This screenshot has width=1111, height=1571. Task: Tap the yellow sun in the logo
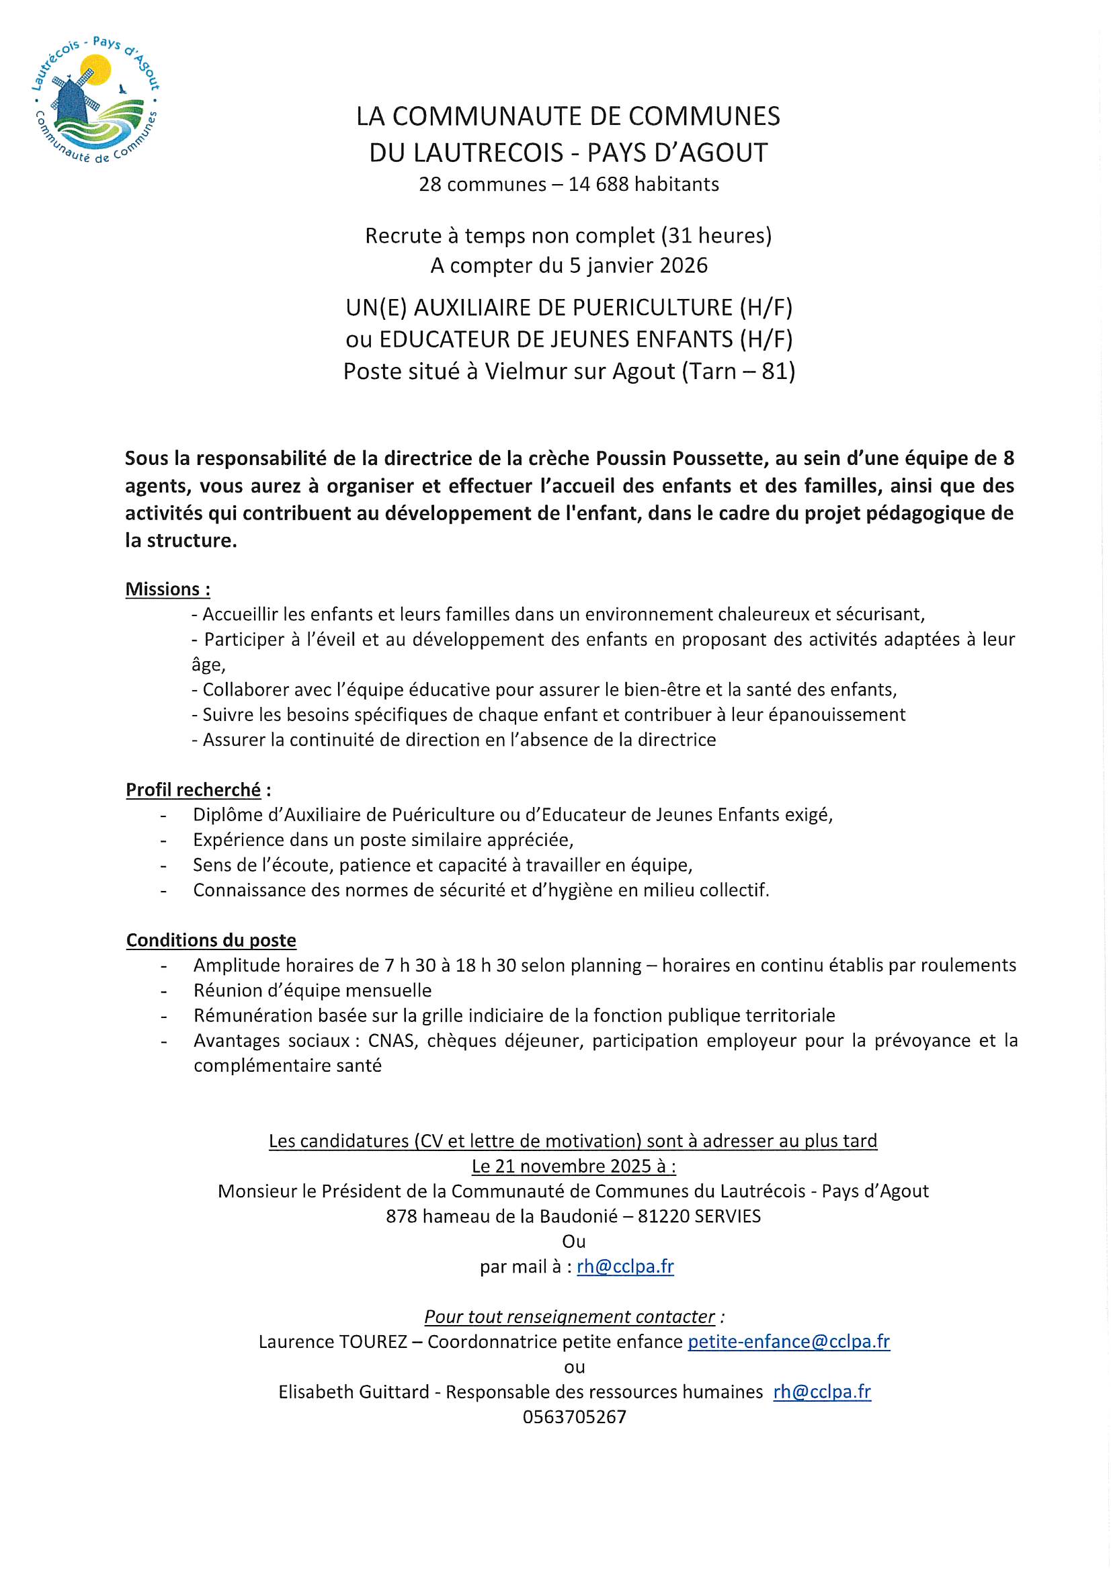[96, 69]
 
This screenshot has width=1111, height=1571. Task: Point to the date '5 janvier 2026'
[639, 265]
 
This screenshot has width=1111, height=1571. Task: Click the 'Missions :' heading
[168, 589]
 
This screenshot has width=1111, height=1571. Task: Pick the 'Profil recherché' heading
[194, 790]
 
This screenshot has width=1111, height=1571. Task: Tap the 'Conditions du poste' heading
[211, 940]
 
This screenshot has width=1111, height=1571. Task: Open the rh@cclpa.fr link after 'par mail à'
[625, 1267]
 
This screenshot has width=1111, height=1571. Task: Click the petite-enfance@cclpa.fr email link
[788, 1341]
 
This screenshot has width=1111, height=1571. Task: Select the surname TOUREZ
[372, 1342]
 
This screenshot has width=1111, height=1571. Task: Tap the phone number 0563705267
[575, 1416]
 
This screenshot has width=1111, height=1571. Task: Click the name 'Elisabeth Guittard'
[354, 1392]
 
